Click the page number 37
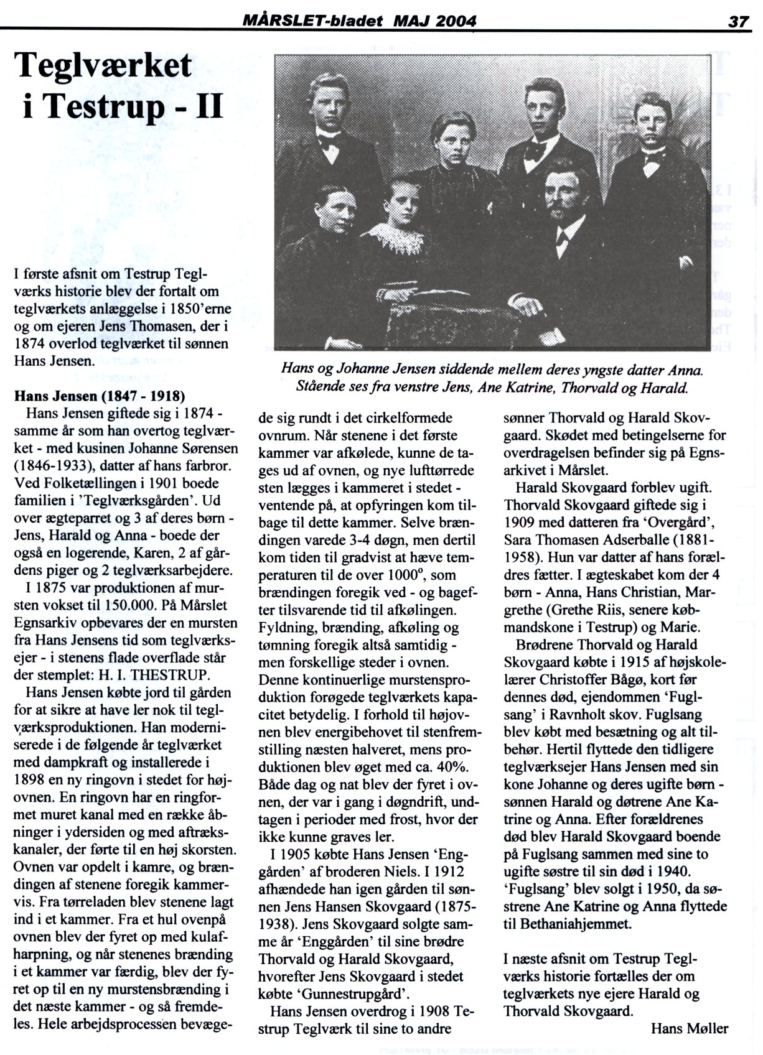click(739, 22)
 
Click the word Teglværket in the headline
click(103, 65)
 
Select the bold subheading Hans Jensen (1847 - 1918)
click(100, 396)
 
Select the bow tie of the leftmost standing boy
click(327, 142)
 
